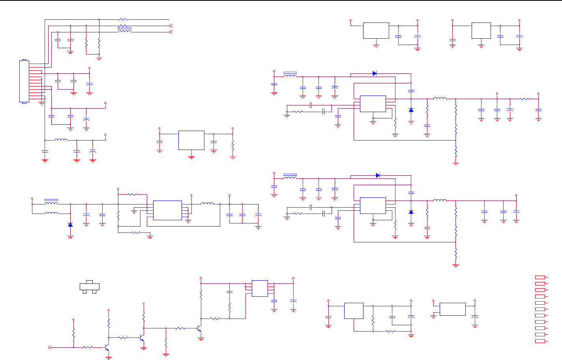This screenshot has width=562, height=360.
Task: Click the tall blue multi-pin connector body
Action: click(24, 81)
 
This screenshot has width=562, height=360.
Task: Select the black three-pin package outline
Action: click(90, 287)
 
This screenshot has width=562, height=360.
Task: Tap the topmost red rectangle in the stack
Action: click(540, 277)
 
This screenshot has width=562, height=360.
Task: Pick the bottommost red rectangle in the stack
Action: click(540, 341)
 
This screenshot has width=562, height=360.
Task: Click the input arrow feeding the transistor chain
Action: click(50, 347)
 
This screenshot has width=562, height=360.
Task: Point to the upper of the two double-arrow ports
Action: click(170, 26)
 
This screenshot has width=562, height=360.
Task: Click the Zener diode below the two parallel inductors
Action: click(70, 225)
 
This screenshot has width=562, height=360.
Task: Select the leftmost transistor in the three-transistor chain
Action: click(107, 348)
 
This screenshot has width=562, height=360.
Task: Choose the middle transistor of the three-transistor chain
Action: click(142, 338)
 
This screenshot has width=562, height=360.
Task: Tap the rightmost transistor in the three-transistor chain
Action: click(199, 328)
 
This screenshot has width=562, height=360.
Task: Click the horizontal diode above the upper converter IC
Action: click(375, 73)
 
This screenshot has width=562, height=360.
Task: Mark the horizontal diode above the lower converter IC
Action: click(378, 175)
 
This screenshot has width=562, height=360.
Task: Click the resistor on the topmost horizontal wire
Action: click(123, 19)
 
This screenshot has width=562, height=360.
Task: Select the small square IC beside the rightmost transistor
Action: click(260, 289)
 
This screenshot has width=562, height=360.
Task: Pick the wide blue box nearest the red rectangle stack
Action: click(452, 309)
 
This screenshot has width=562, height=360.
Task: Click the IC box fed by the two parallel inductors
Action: click(167, 210)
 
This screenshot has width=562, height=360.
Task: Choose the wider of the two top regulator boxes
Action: click(376, 31)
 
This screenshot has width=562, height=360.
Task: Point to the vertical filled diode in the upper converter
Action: click(411, 110)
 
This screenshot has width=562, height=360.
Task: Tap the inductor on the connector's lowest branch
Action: click(60, 140)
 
